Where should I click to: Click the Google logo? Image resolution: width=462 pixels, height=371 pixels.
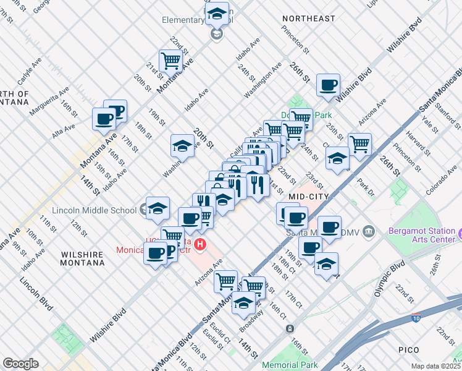(x=20, y=364)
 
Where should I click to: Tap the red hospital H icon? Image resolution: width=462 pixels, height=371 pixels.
(x=200, y=245)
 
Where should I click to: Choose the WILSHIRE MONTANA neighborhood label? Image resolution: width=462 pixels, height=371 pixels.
(x=82, y=258)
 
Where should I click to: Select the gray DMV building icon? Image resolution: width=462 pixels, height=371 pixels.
(x=369, y=232)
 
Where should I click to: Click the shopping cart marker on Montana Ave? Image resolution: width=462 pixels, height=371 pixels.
(x=170, y=61)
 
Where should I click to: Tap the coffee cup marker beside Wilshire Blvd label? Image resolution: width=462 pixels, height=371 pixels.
(x=328, y=85)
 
